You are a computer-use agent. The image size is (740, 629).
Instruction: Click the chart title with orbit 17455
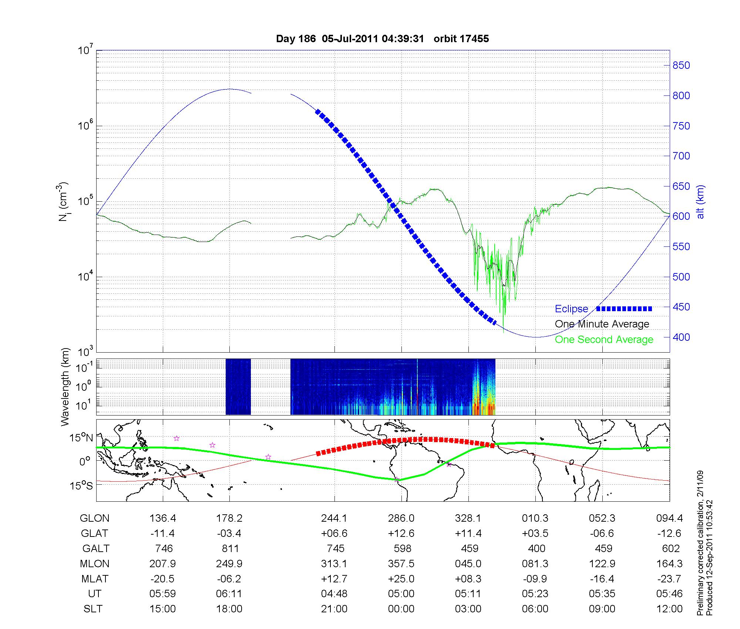pyautogui.click(x=382, y=39)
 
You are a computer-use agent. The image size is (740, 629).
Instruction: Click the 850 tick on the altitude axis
pyautogui.click(x=681, y=65)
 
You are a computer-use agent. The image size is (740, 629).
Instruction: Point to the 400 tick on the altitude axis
pyautogui.click(x=681, y=337)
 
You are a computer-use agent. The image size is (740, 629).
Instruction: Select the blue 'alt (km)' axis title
pyautogui.click(x=700, y=202)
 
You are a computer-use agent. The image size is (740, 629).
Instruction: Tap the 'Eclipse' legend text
pyautogui.click(x=571, y=309)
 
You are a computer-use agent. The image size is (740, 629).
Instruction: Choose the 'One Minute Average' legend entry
pyautogui.click(x=602, y=324)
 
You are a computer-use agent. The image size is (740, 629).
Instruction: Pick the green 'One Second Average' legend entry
pyautogui.click(x=604, y=340)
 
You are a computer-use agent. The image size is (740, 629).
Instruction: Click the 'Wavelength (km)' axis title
pyautogui.click(x=66, y=387)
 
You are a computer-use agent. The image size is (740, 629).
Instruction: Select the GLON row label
pyautogui.click(x=94, y=518)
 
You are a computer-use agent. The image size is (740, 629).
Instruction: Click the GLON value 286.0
pyautogui.click(x=401, y=518)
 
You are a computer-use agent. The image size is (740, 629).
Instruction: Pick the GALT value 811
pyautogui.click(x=230, y=548)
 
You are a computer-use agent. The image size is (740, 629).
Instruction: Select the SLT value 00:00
pyautogui.click(x=401, y=609)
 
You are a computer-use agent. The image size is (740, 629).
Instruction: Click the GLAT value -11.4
pyautogui.click(x=162, y=534)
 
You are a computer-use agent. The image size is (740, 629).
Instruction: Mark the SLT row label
pyautogui.click(x=93, y=609)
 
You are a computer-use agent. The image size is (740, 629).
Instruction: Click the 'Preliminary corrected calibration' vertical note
pyautogui.click(x=700, y=566)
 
